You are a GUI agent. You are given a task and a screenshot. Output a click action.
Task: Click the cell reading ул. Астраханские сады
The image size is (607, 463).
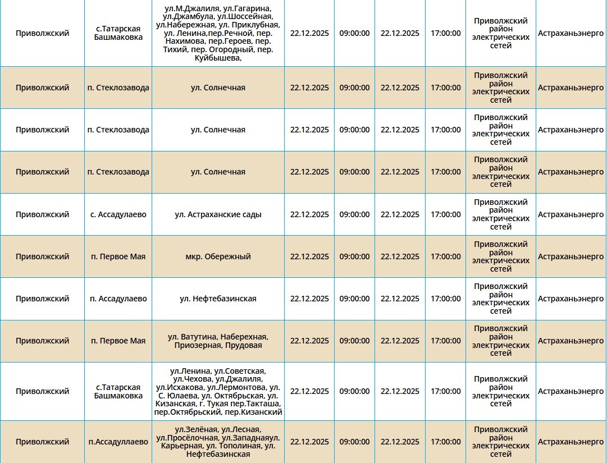tap(218, 214)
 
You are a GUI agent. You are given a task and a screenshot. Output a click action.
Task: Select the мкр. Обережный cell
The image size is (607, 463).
tap(218, 256)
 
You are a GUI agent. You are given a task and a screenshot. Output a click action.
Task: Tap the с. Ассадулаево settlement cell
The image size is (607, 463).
tap(118, 214)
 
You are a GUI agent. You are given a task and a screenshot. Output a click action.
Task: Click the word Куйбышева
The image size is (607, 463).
tap(218, 58)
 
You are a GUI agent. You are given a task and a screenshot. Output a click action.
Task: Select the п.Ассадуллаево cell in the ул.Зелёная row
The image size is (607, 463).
tap(118, 442)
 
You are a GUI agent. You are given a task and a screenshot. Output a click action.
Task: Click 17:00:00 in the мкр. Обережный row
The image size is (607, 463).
tap(445, 256)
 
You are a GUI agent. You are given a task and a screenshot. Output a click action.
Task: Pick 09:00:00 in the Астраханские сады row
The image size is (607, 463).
tap(354, 214)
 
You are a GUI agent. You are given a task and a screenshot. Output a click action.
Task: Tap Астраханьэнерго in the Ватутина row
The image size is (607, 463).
tap(571, 341)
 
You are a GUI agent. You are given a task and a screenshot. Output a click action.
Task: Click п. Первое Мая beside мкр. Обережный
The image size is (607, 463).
tap(118, 256)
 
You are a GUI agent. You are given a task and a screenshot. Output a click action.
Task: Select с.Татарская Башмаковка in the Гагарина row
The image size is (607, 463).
tap(118, 33)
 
